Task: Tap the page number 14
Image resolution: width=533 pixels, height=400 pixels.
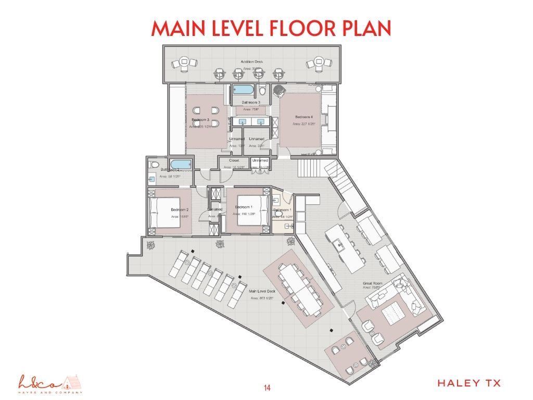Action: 267,387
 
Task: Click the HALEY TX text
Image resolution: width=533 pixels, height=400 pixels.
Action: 469,383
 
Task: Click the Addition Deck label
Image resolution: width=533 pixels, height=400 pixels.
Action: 251,62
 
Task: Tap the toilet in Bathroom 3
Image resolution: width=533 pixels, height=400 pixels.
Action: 262,92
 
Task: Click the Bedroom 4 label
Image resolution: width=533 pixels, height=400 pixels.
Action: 304,118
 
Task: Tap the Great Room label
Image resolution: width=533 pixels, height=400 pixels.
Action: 373,284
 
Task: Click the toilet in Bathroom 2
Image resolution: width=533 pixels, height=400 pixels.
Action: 152,164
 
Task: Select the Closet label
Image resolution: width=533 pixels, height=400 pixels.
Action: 234,161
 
